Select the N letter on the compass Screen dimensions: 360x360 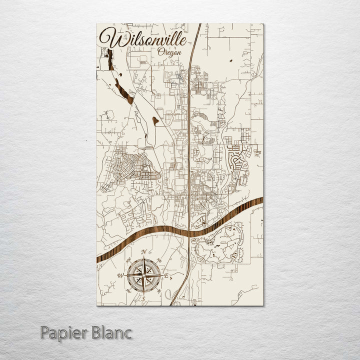coord(143,251)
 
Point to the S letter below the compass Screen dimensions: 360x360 coord(143,298)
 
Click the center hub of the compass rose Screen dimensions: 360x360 coord(143,275)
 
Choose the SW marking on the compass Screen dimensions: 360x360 coord(128,290)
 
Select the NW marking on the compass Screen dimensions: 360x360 coord(128,260)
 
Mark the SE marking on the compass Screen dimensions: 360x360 coord(158,290)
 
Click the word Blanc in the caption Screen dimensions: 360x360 coord(112,332)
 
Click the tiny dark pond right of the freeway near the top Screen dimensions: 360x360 coord(231,61)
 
